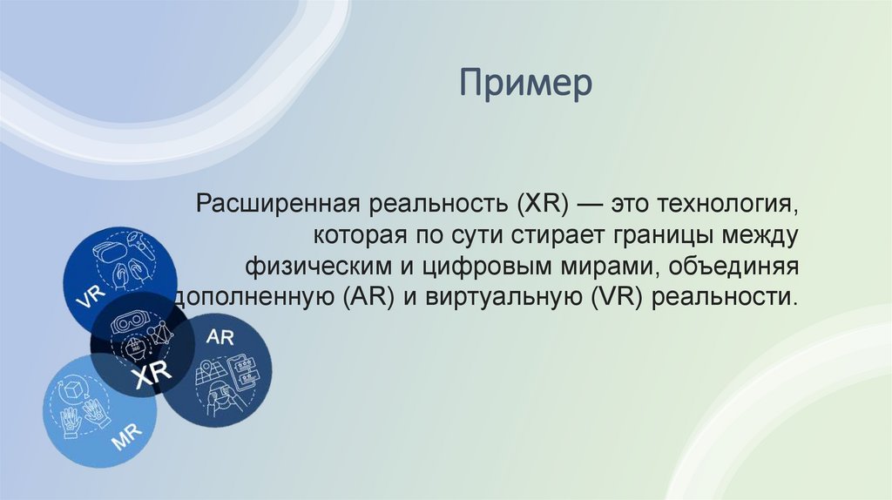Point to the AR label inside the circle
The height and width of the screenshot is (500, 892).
220,337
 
